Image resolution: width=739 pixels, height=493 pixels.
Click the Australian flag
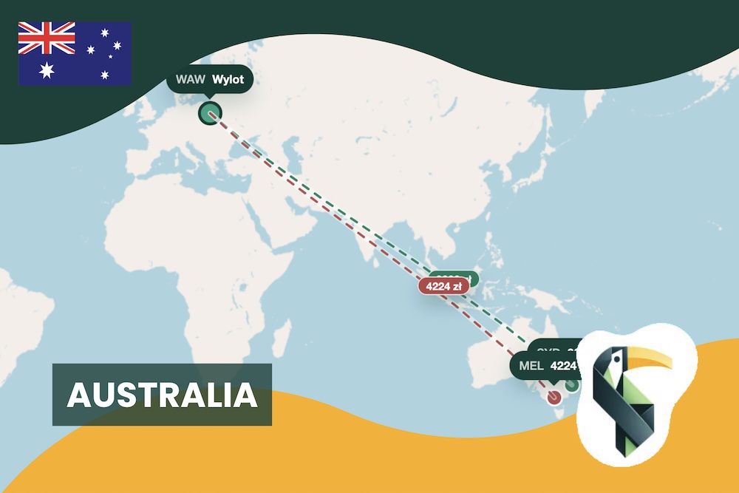(75, 53)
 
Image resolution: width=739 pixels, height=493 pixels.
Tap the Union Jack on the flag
(47, 37)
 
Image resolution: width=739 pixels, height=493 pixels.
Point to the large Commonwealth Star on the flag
(47, 70)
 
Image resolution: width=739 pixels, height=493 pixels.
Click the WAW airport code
(190, 79)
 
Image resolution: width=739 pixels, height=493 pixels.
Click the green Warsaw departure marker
(210, 113)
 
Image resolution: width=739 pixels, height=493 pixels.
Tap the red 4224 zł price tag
(443, 285)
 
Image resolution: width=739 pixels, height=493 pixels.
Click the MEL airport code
(531, 365)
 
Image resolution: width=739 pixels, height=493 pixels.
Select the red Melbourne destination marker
(554, 396)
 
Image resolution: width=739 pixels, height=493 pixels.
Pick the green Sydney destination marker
(571, 385)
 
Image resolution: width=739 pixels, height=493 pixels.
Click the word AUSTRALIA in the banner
(162, 395)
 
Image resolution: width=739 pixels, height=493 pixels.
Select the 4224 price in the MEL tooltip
(563, 365)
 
